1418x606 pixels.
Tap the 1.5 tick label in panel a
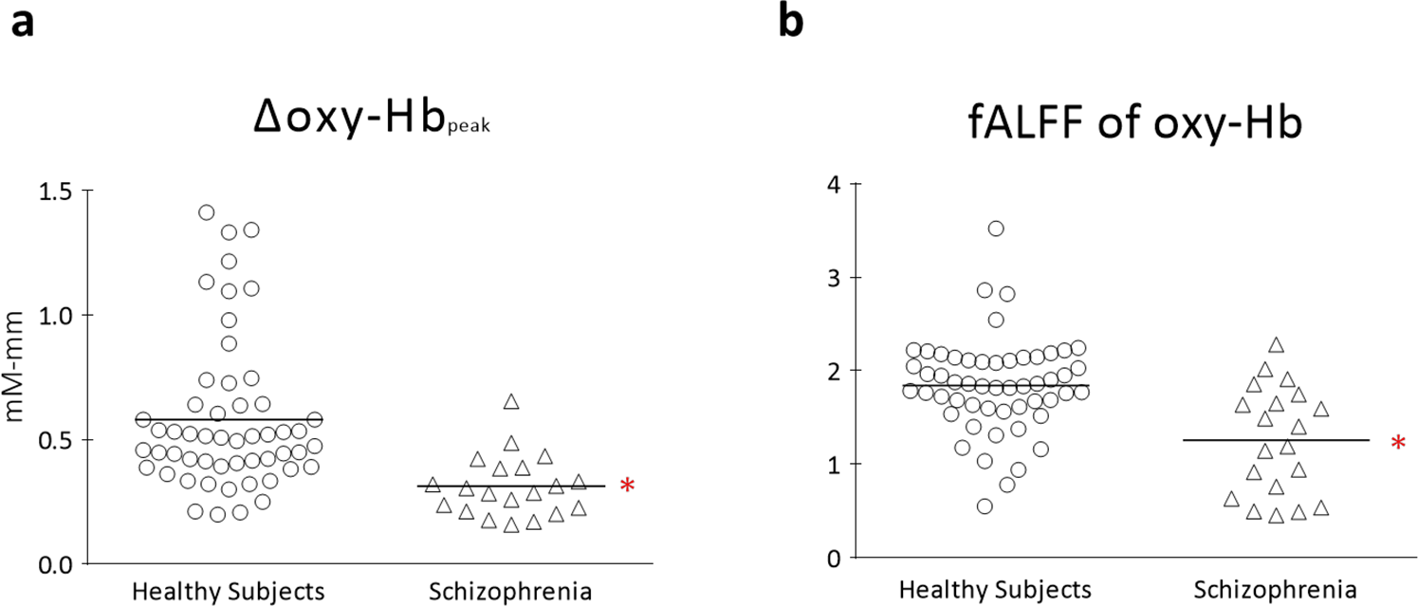tap(54, 191)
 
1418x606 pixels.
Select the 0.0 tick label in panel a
tap(54, 564)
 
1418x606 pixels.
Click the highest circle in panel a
tap(207, 212)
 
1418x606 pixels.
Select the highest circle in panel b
tap(996, 229)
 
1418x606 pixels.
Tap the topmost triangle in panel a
tap(511, 402)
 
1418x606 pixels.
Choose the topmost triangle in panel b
tap(1276, 345)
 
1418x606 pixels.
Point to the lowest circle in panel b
tap(985, 506)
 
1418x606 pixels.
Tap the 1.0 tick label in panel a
tap(54, 315)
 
